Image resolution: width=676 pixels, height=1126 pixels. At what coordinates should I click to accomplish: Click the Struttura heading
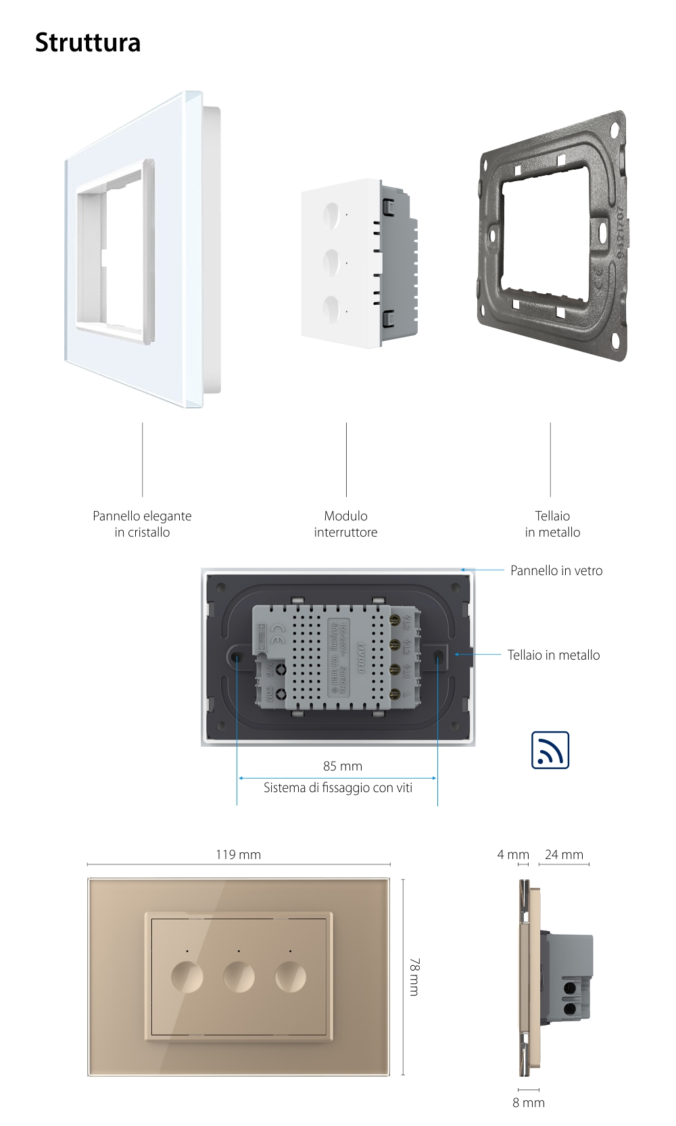coord(88,43)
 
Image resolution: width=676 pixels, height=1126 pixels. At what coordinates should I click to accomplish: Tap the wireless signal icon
coord(550,750)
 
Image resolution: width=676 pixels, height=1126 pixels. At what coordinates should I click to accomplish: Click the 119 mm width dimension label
coord(238,854)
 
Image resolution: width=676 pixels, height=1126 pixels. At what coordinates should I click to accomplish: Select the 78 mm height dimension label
coord(415,976)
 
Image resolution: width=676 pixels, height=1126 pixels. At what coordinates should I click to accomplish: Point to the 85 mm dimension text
coord(343,766)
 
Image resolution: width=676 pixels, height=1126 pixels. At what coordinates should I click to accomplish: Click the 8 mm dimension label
coord(529,1102)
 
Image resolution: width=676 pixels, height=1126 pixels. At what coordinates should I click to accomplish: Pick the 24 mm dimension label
coord(564,854)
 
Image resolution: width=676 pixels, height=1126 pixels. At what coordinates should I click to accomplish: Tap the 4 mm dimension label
coord(513,854)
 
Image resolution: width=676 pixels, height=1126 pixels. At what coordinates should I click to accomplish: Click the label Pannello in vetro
coord(556,570)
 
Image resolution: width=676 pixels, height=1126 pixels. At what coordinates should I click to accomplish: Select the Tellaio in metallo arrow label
coord(554,655)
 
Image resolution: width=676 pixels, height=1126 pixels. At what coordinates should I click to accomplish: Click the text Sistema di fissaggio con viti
coord(338,787)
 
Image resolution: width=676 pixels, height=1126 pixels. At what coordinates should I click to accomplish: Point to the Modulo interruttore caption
coord(345,524)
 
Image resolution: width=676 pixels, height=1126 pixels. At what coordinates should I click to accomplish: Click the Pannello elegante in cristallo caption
coord(142,524)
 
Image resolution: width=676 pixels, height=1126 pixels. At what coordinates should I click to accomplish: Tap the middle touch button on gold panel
coord(239,977)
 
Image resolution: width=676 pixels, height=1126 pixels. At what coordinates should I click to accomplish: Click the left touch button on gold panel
coord(187,977)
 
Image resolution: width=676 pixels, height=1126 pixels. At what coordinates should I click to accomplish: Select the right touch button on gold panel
coord(290,977)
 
